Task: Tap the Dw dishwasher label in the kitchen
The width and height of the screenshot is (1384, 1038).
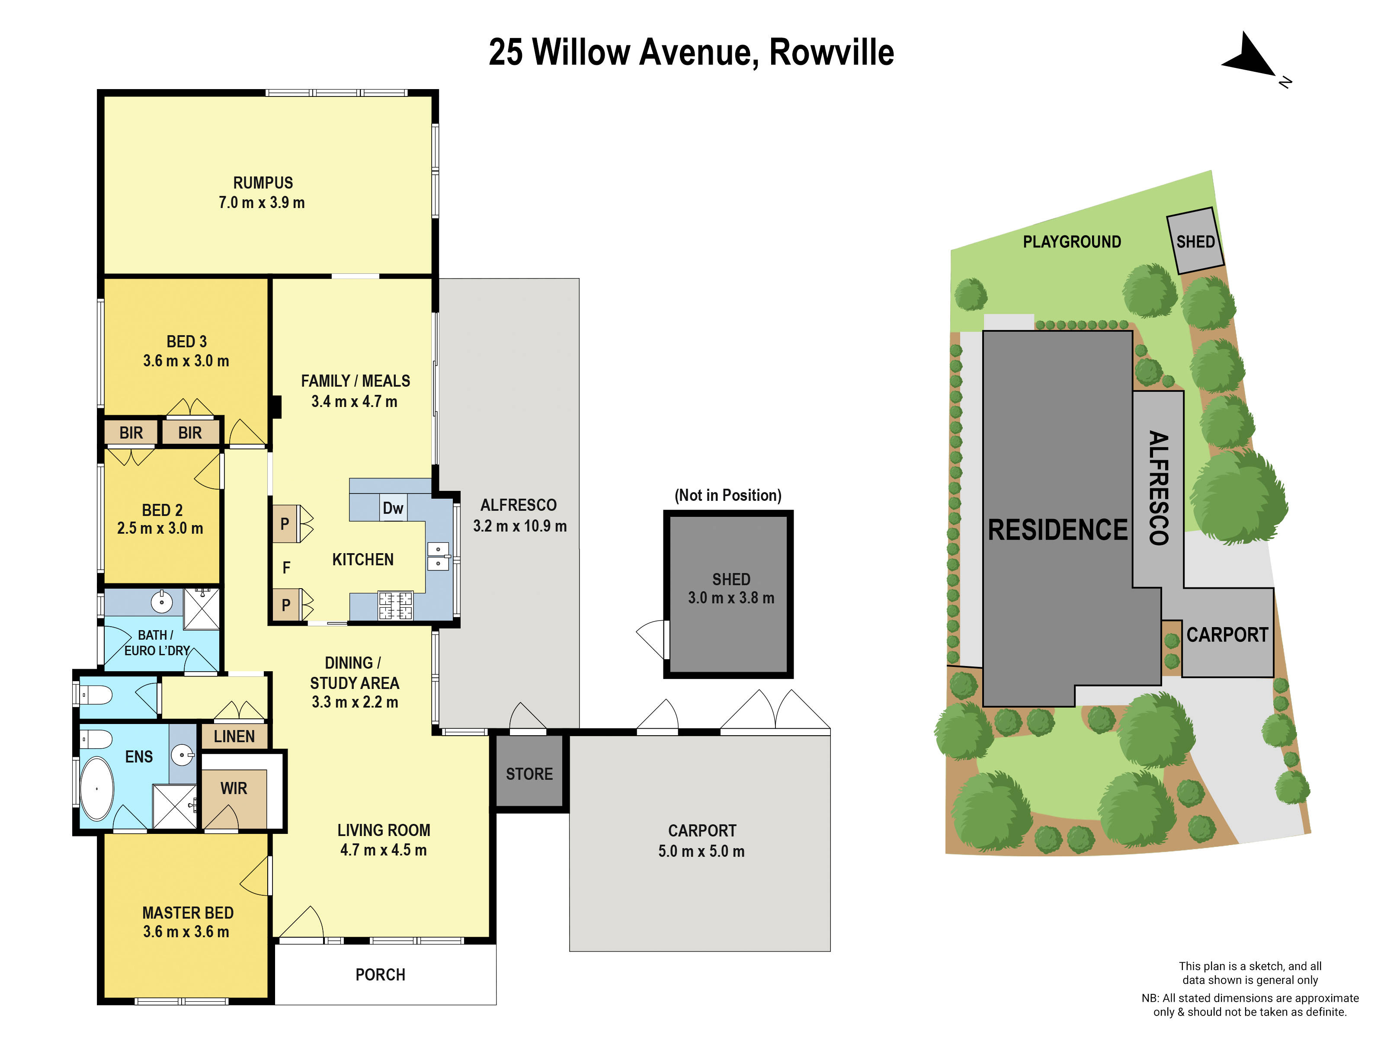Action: (x=393, y=508)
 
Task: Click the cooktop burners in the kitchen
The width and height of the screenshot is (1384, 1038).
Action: (x=395, y=605)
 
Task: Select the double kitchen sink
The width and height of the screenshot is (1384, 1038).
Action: (x=438, y=556)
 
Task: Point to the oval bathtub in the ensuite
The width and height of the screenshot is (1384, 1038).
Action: (x=97, y=788)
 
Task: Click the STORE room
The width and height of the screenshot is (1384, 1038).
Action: (x=529, y=774)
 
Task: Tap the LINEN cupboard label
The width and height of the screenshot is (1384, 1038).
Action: (x=234, y=737)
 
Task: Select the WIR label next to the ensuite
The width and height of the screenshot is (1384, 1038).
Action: (x=234, y=788)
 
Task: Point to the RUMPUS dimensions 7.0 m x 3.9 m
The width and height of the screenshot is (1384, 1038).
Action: (x=262, y=203)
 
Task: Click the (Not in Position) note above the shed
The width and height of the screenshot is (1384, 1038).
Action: (x=727, y=496)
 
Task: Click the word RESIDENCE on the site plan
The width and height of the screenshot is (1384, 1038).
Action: (x=1057, y=530)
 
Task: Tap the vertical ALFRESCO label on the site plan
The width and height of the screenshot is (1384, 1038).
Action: (x=1159, y=488)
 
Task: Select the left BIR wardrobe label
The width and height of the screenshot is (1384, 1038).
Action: (x=131, y=433)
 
